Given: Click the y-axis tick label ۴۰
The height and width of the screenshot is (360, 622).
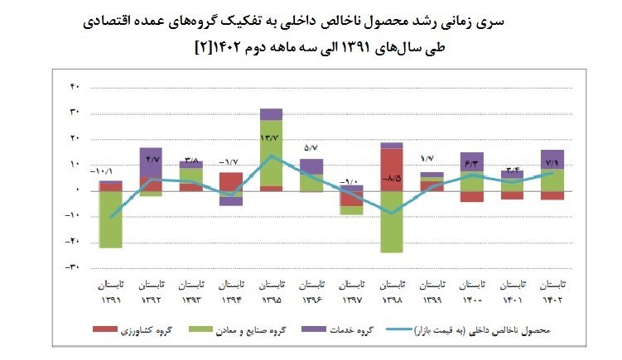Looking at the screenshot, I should click(x=73, y=86).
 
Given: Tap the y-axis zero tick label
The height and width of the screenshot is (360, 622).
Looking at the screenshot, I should click(x=75, y=190).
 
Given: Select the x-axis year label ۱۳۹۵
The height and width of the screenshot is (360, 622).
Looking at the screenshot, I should click(x=271, y=300).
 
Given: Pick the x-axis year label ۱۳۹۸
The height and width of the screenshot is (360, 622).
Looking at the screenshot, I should click(x=392, y=300).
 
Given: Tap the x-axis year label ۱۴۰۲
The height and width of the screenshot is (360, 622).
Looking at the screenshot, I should click(x=552, y=300).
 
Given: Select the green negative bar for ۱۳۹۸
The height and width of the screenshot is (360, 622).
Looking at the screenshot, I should click(x=392, y=222).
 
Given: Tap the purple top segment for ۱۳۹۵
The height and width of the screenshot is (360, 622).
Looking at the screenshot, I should click(x=271, y=114).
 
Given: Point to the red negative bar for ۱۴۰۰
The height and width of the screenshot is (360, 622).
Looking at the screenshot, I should click(x=472, y=196).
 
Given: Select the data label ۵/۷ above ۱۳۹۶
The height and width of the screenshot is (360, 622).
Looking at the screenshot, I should click(x=311, y=148).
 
